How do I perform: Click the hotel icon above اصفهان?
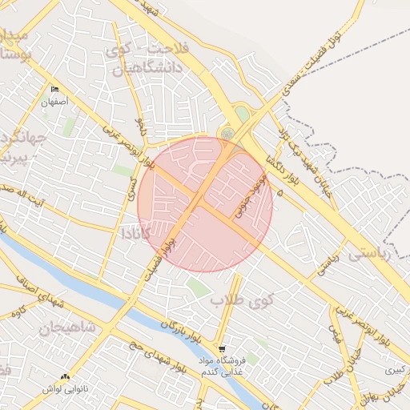[54, 89]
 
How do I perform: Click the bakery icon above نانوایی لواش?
[66, 376]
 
